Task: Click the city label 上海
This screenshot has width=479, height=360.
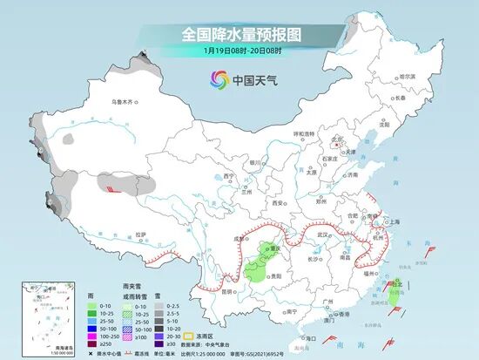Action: [x=393, y=221]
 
